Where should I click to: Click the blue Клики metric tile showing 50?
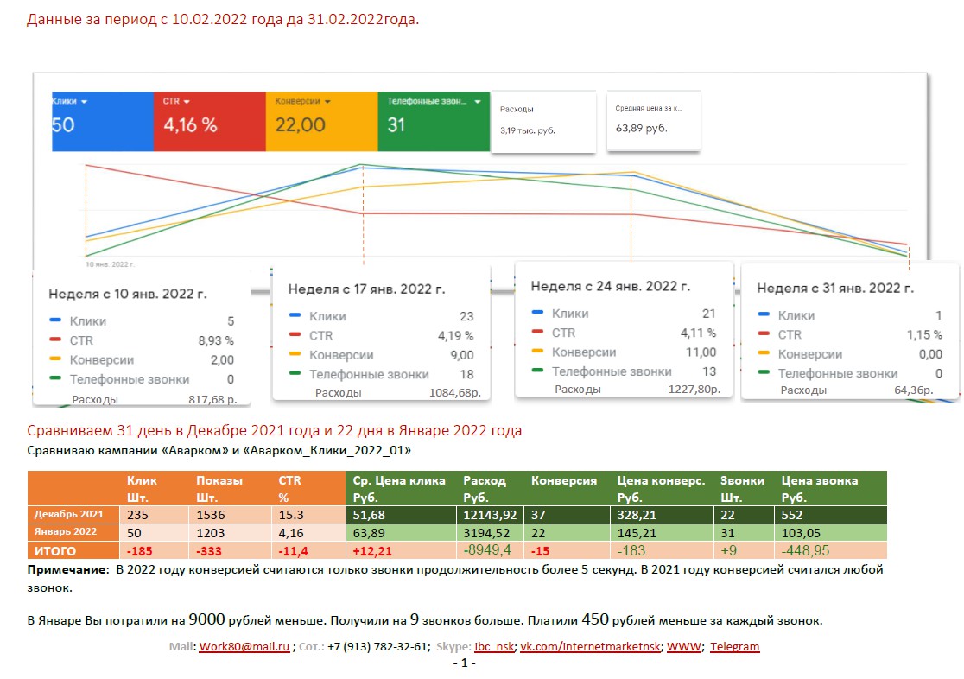tap(103, 123)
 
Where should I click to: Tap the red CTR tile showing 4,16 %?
tap(210, 123)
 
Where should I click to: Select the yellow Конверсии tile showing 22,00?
tap(321, 123)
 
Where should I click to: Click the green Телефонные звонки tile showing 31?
tap(434, 123)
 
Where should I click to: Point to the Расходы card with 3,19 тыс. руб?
tap(543, 122)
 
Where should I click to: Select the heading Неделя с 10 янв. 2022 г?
tap(128, 294)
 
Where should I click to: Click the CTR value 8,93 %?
tap(216, 340)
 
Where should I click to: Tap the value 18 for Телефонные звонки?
tap(466, 374)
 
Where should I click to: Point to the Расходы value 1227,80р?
tap(692, 389)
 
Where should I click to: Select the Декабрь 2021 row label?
tap(69, 514)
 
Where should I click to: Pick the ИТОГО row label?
tap(55, 550)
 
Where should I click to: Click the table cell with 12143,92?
tap(490, 514)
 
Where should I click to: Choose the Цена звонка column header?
tap(819, 480)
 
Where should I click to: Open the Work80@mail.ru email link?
tap(244, 646)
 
